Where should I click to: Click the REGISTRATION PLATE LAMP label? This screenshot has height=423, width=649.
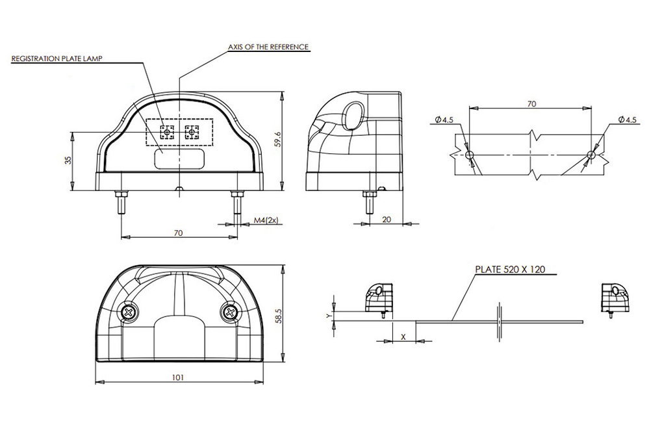57,58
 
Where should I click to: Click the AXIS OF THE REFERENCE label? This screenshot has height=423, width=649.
268,47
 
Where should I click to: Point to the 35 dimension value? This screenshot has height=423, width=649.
68,160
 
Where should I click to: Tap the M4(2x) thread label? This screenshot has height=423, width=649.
266,220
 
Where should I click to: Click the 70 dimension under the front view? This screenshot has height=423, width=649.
179,233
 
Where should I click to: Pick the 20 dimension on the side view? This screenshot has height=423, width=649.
386,220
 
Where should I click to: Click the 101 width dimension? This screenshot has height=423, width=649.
177,377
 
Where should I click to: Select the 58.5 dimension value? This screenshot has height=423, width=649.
278,315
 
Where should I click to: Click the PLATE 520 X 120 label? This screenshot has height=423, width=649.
510,270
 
